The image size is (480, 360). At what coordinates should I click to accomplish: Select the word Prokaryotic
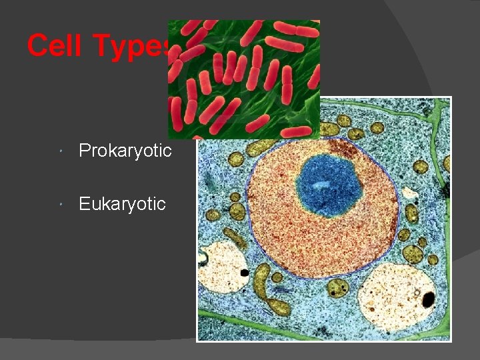tap(125, 151)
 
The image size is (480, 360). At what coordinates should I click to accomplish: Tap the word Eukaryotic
tap(122, 203)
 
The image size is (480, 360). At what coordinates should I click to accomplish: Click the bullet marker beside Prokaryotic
tap(61, 151)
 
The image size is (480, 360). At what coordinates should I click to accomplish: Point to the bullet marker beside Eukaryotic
tap(61, 204)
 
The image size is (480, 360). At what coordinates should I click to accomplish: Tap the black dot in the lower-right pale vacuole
tap(427, 298)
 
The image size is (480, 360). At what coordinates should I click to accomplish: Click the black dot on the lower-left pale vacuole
tap(245, 272)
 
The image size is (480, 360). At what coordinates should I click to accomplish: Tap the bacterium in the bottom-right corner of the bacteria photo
tap(296, 131)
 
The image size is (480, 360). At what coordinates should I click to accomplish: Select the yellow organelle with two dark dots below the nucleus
tap(338, 289)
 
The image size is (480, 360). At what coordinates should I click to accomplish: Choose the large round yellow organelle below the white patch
tap(415, 254)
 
